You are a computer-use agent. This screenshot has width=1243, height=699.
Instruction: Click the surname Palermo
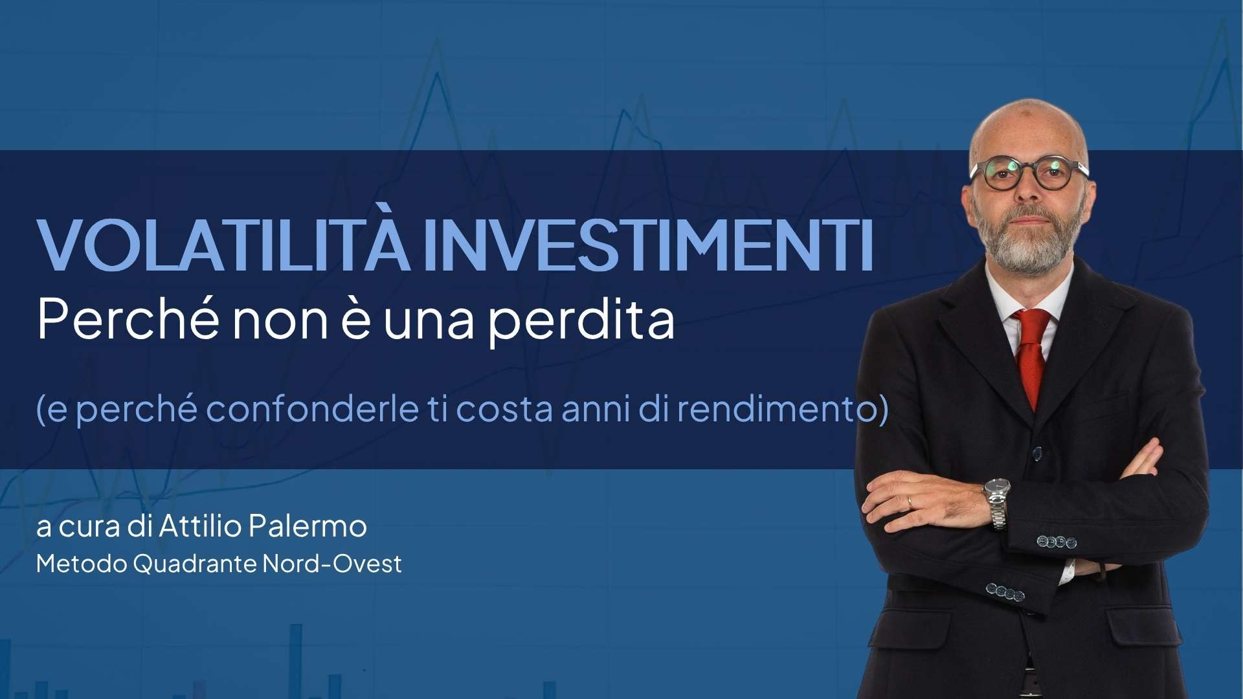coord(308,527)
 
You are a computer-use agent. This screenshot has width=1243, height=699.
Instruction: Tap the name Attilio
coord(200,526)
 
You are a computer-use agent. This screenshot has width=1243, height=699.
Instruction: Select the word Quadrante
coord(195,564)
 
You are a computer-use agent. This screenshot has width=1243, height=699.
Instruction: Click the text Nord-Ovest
coord(332,564)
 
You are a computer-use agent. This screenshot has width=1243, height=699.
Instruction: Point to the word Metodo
coord(82,564)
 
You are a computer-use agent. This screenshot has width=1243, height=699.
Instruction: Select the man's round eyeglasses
coord(1029,173)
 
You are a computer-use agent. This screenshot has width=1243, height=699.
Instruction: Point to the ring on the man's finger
coord(910,500)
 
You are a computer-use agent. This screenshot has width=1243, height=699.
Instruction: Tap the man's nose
coord(1027,192)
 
